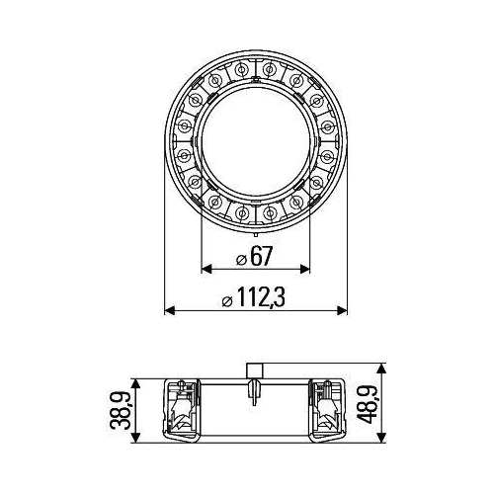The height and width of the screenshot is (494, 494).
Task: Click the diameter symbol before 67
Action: [241, 260]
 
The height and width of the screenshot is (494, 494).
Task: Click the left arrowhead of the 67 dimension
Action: [206, 269]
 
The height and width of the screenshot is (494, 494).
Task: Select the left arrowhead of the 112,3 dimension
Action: [168, 310]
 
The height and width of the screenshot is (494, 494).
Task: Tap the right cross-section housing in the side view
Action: [327, 407]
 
